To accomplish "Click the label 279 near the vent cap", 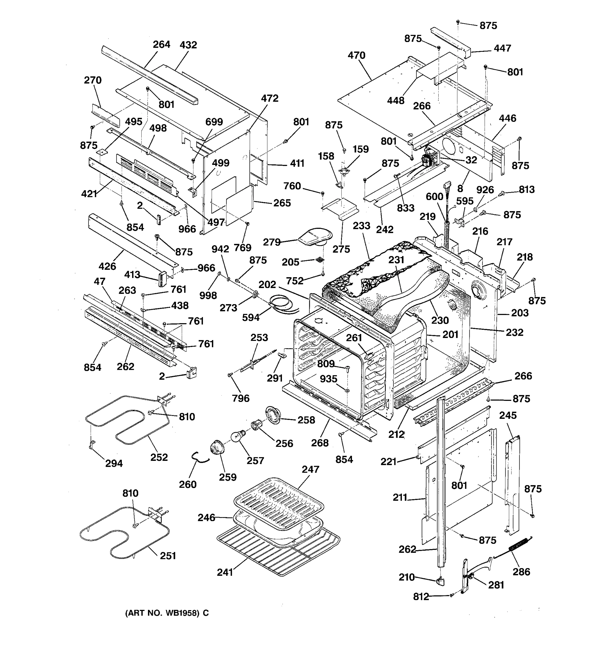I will (272, 242).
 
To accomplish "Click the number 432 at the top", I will (188, 45).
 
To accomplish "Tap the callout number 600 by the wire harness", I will (435, 197).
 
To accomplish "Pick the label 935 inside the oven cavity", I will (329, 379).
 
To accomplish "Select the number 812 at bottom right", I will (421, 597).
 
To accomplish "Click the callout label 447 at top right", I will (502, 48).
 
